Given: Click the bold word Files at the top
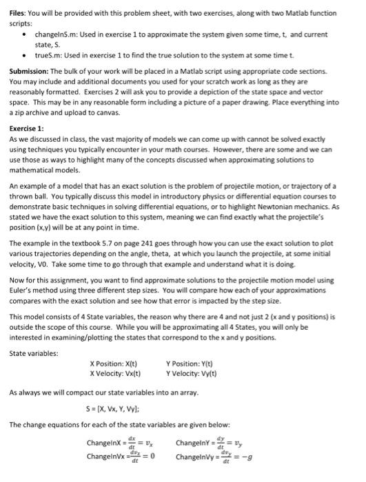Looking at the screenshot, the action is (19, 14).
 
